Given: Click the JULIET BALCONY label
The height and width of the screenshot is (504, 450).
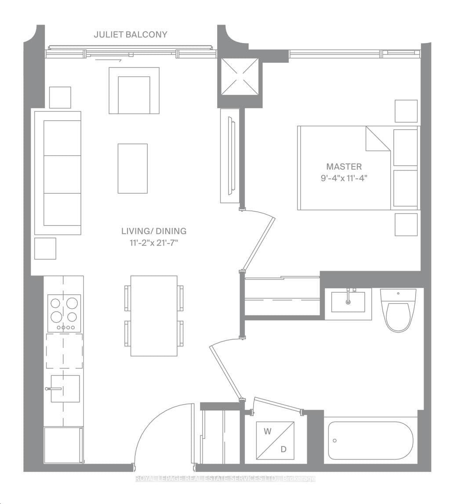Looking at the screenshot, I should pos(131,34).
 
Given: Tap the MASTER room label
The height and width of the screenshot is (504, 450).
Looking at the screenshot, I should pos(344,167).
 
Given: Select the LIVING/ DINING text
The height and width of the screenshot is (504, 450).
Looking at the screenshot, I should pos(154,231).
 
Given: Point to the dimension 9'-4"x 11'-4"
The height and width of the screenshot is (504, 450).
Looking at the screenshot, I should pos(344,178).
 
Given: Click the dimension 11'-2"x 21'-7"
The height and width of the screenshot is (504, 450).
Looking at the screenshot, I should pos(154,242).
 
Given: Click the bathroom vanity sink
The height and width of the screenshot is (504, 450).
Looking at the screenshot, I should pos(348,301).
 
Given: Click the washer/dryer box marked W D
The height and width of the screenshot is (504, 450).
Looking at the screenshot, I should pos(276,440).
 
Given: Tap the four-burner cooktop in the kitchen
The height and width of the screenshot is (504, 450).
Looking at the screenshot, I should pos(64,313).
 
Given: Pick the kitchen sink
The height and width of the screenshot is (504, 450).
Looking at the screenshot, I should pos(65,388).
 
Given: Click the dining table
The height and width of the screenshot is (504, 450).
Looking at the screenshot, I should pos(154,316).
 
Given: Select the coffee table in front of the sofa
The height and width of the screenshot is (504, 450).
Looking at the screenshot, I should pos(132,168).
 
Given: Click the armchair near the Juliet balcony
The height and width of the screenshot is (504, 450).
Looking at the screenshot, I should pos(134,91).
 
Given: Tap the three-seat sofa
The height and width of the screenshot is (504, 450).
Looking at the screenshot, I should pos(58,173).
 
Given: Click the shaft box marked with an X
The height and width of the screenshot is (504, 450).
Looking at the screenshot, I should pos(240,76).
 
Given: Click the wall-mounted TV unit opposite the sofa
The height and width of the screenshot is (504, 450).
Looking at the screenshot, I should pos(230,156).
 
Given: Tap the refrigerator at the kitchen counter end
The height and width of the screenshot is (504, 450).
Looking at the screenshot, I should pos(63,445).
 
